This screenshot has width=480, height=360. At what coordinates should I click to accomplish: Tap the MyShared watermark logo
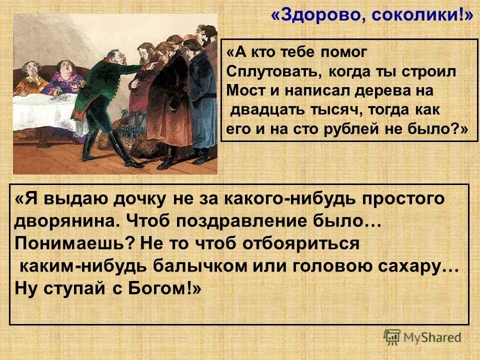coord(423,337)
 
